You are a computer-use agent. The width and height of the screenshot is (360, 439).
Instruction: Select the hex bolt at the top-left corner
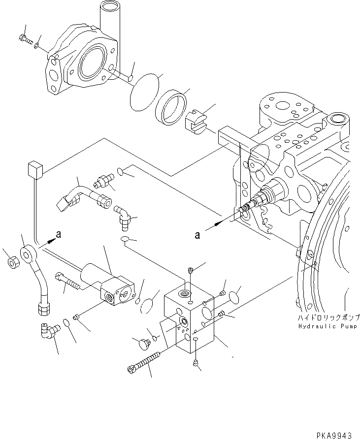coord(23,37)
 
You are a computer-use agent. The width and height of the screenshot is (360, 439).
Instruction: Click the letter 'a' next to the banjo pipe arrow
coord(58,235)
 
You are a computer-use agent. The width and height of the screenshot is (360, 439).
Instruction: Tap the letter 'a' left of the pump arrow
coord(197,235)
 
